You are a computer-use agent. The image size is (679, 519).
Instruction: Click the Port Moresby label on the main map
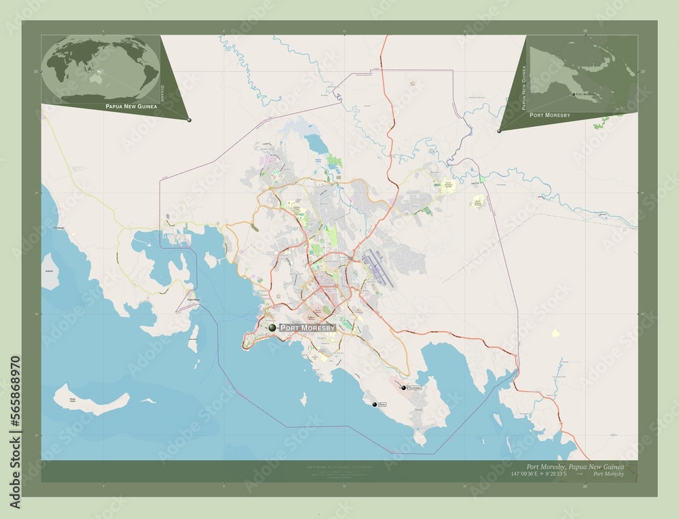(x=308, y=328)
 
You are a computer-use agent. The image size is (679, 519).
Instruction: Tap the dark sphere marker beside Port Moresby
(x=272, y=328)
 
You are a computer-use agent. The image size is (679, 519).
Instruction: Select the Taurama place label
(x=414, y=388)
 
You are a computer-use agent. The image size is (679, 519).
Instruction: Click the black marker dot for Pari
(x=374, y=404)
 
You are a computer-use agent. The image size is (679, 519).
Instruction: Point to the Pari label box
(x=382, y=404)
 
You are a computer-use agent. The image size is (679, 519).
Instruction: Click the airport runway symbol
(x=376, y=268)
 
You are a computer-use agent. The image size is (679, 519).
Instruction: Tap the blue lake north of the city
(x=314, y=144)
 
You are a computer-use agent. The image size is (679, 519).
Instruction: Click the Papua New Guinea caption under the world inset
(x=131, y=107)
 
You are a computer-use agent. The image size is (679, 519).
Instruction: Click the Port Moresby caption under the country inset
(x=550, y=115)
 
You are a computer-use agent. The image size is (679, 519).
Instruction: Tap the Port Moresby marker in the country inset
(x=574, y=95)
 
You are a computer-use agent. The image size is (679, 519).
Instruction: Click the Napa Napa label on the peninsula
(x=194, y=299)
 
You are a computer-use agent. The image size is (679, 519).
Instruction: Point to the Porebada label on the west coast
(x=59, y=228)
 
